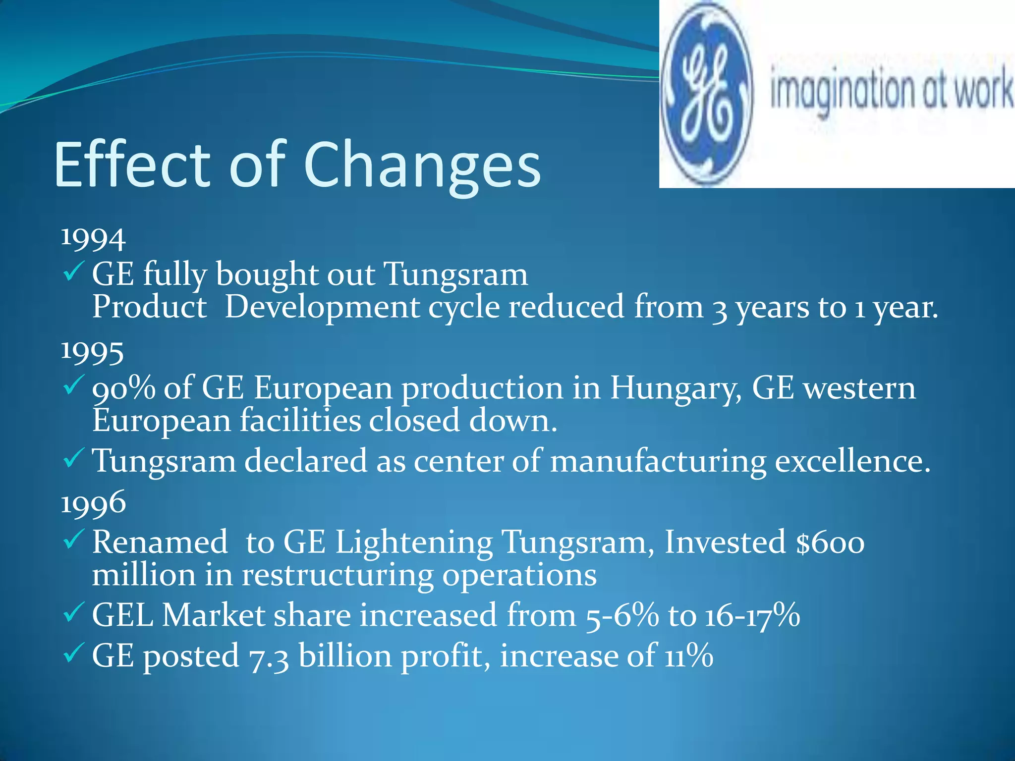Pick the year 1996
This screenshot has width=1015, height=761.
(x=93, y=503)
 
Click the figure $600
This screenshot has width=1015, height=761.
(x=830, y=543)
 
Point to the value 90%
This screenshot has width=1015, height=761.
(x=123, y=388)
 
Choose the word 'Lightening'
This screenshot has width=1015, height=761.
(x=414, y=543)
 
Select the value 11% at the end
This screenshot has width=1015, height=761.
(x=688, y=656)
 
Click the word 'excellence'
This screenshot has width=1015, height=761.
(x=852, y=461)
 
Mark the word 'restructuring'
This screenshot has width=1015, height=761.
(x=338, y=576)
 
